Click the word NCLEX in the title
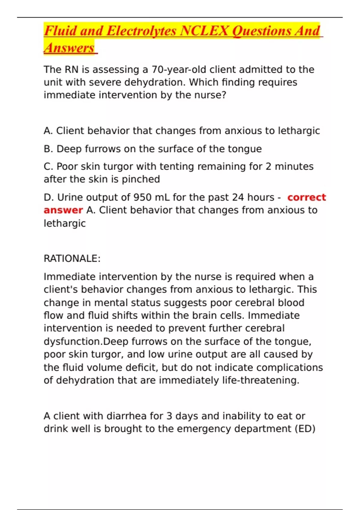pos(205,31)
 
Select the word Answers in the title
pos(69,48)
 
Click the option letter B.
pos(48,149)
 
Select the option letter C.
pos(48,166)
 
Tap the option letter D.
pos(48,197)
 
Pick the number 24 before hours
pos(238,197)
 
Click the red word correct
pos(306,197)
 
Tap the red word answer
pos(63,210)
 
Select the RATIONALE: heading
pos(72,259)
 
